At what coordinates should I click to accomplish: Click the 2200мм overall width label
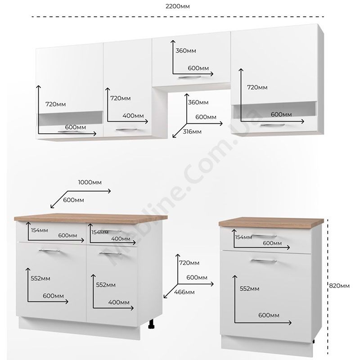(178, 6)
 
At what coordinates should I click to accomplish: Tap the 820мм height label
(339, 286)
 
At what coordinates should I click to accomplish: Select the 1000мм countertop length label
(90, 182)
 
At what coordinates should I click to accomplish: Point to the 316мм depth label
(192, 131)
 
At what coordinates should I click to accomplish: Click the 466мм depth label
(184, 292)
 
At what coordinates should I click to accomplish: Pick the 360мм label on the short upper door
(186, 50)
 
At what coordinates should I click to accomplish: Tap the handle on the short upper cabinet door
(189, 77)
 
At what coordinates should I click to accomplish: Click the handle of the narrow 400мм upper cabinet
(126, 130)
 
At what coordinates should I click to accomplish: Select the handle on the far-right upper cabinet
(272, 125)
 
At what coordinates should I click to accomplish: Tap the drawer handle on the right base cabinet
(264, 236)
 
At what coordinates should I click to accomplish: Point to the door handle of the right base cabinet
(264, 261)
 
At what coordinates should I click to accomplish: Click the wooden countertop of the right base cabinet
(271, 222)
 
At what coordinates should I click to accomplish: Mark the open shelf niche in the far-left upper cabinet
(71, 118)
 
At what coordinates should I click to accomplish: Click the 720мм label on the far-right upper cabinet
(257, 87)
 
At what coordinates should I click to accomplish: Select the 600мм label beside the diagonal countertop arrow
(73, 200)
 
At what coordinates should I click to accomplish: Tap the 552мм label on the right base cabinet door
(250, 288)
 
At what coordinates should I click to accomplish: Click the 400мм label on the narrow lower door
(119, 302)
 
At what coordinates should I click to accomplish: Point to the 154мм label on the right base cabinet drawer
(243, 237)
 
